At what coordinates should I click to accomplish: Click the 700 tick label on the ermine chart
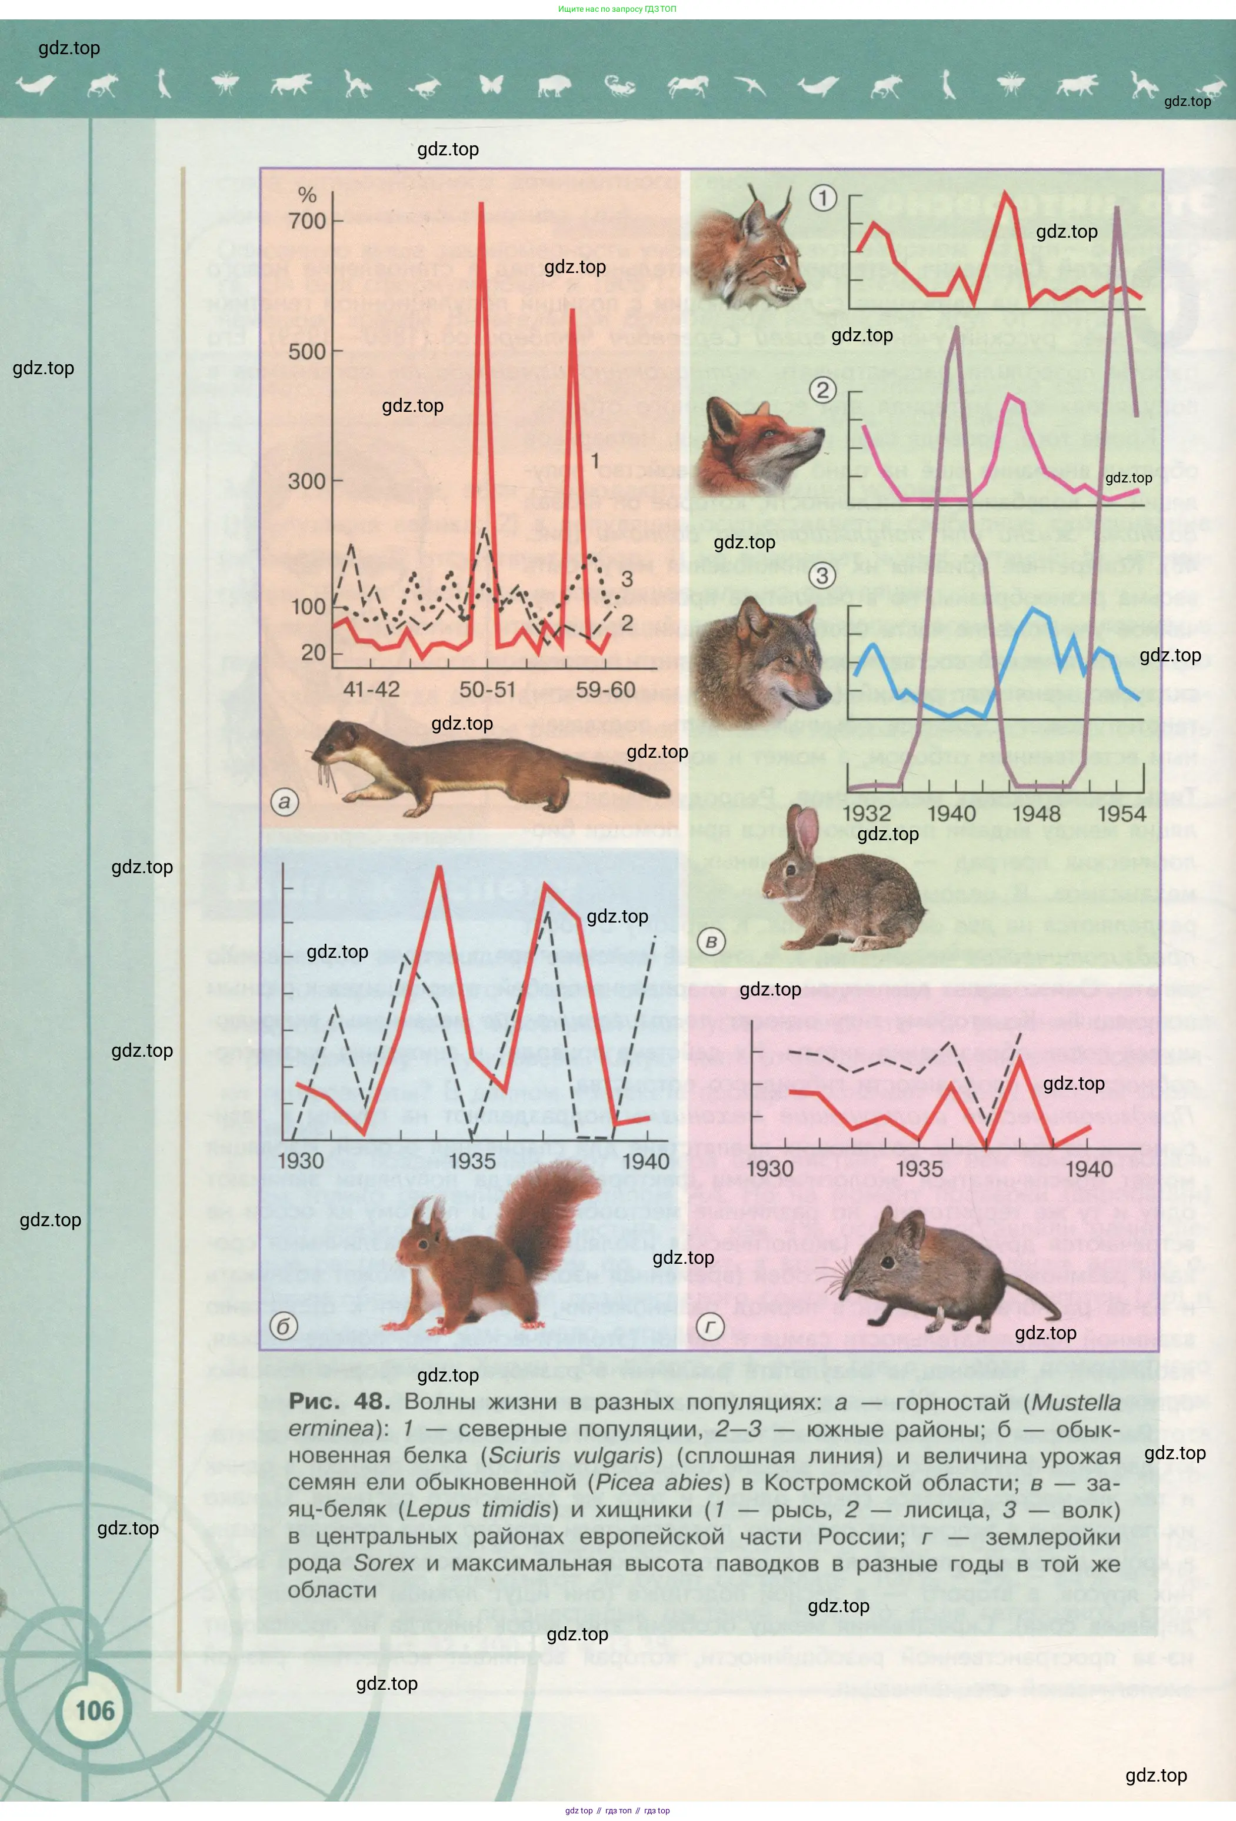pos(306,221)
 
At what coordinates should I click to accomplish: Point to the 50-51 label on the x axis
pos(487,690)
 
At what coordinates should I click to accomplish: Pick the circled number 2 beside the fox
pos(822,390)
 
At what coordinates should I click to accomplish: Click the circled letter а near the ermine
pos(284,801)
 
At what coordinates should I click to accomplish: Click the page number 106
pos(95,1710)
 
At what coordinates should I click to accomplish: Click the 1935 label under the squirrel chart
pos(472,1160)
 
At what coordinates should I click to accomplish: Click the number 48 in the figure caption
pos(371,1401)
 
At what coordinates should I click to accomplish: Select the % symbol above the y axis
pos(307,195)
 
